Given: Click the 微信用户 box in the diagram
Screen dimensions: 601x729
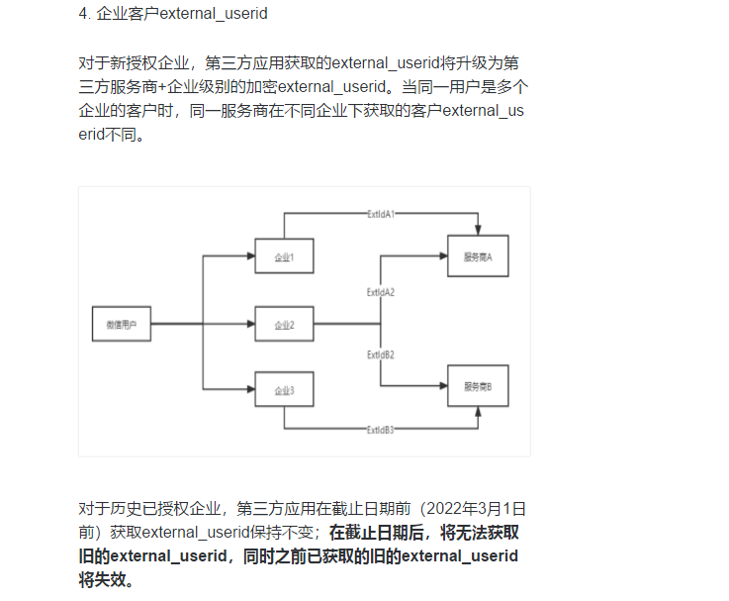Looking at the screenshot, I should pos(121,324).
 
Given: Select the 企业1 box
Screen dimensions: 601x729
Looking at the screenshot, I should pos(284,256).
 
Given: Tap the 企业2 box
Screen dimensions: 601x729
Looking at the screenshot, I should pos(284,324).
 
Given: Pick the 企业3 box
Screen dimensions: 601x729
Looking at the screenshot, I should pos(284,390).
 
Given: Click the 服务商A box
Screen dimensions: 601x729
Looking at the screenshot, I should pos(478,256).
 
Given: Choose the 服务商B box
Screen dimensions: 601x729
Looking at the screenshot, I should pos(478,386).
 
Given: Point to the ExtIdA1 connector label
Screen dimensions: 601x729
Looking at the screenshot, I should pos(381,214).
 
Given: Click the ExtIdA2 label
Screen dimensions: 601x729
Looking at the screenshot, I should pos(381,292).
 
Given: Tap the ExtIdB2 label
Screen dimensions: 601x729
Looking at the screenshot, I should pos(381,353).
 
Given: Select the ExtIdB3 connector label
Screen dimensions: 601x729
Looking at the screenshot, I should pos(381,430).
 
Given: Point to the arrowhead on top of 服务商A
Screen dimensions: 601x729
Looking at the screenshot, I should pos(479,230).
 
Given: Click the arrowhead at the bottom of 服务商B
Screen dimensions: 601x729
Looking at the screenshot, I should pos(479,413).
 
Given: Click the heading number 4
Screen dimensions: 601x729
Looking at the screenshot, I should pos(82,15).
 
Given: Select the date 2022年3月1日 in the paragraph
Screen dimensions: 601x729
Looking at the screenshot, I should pos(472,509).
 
